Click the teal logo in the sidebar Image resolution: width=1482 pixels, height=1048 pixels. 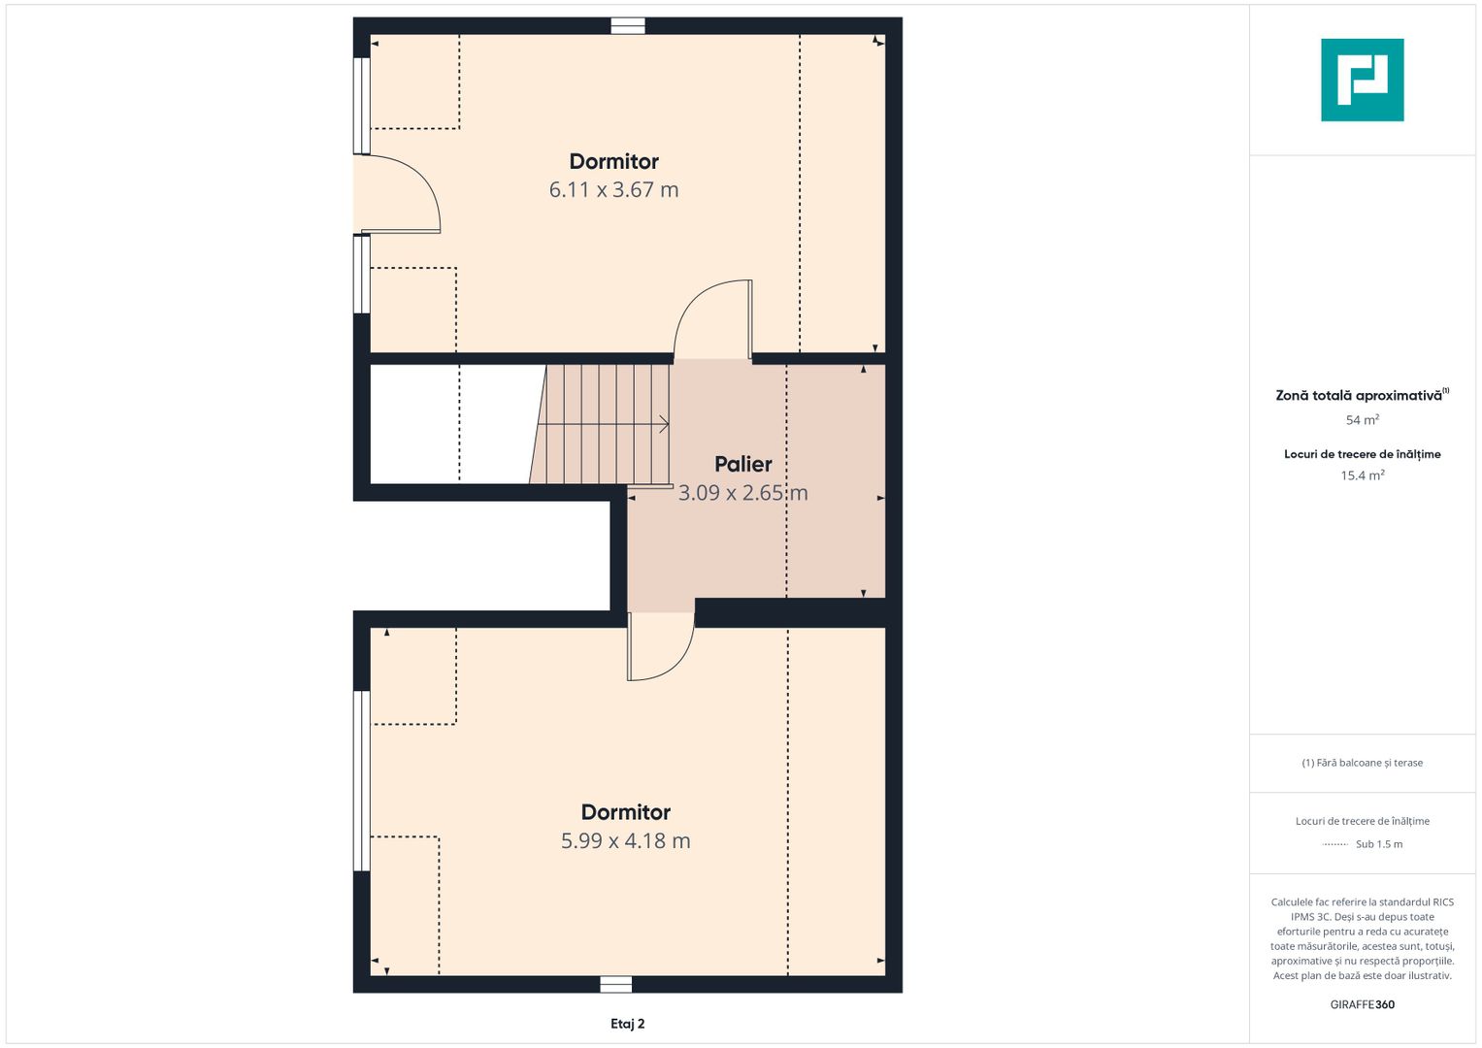click(1363, 80)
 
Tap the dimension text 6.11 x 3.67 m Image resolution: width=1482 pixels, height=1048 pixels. click(613, 190)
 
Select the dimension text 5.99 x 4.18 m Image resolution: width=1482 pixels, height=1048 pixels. click(625, 841)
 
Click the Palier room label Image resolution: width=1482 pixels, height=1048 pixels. click(743, 464)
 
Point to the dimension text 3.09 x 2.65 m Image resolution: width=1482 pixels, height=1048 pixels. click(743, 493)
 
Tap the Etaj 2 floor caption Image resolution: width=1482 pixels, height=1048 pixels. click(627, 1024)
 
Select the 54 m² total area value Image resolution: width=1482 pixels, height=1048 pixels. click(1363, 419)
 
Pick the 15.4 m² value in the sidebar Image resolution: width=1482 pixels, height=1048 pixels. click(1363, 475)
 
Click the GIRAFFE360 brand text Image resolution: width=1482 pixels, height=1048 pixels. click(1363, 1004)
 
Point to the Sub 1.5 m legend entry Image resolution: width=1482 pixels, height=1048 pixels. click(1379, 844)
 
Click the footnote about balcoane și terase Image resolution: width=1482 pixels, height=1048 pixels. click(1363, 763)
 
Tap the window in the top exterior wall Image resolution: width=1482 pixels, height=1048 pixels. click(627, 26)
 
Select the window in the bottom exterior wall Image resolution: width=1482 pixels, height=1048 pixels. click(615, 985)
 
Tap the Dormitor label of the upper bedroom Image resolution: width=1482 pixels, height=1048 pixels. click(613, 161)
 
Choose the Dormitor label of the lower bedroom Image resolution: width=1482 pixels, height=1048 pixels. click(625, 812)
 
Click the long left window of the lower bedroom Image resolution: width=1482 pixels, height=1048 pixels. click(361, 781)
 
